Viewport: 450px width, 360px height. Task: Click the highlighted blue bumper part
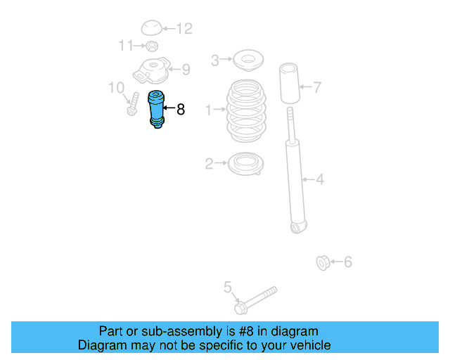[x=155, y=110]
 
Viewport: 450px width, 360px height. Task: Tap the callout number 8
[x=181, y=109]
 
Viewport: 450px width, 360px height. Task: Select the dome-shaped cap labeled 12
[x=151, y=28]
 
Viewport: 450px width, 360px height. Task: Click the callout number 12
[x=184, y=29]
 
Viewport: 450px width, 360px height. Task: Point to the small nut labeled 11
[x=150, y=46]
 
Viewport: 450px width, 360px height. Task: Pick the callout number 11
[x=126, y=46]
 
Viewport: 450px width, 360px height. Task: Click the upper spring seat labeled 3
[x=247, y=61]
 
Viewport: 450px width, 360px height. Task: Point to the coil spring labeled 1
[x=246, y=111]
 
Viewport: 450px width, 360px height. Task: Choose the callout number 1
[x=208, y=110]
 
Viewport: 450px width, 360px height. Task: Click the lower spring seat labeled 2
[x=246, y=165]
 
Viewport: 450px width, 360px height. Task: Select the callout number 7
[x=317, y=88]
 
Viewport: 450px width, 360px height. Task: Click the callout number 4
[x=319, y=179]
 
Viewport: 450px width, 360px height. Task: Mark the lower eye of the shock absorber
[x=298, y=226]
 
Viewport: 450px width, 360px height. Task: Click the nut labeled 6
[x=323, y=264]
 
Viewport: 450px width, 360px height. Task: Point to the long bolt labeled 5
[x=256, y=299]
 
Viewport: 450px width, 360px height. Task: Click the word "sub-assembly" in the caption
[x=154, y=331]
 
